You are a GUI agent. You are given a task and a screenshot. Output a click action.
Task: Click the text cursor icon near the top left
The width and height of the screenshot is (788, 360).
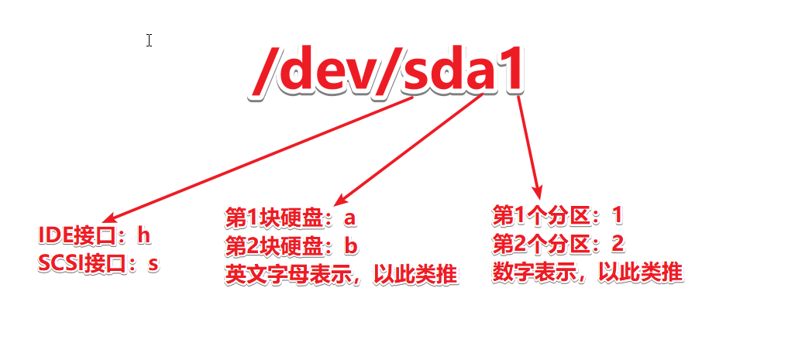(x=149, y=40)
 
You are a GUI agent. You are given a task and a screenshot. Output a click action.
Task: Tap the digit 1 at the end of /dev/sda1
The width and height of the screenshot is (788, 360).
(x=510, y=73)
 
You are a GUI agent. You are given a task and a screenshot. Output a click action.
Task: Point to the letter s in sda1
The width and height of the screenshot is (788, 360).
(x=422, y=74)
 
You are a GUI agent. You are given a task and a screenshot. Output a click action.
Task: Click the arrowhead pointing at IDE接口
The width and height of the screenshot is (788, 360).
(x=109, y=219)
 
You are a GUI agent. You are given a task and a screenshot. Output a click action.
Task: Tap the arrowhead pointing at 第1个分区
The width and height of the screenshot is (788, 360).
(x=536, y=190)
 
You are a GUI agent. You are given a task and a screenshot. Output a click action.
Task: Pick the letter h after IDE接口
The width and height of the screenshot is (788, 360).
(x=143, y=235)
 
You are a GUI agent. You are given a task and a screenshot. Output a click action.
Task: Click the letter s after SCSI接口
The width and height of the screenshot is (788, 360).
(x=153, y=263)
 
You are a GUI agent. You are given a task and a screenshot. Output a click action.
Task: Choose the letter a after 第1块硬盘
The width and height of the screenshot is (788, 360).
(x=349, y=218)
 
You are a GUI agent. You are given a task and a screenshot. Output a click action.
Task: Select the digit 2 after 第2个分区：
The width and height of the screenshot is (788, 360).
(x=618, y=244)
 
